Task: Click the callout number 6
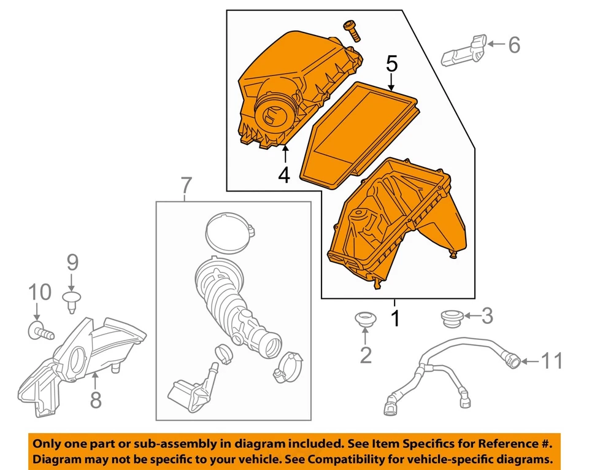514,44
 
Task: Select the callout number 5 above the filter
391,63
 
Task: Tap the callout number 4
283,175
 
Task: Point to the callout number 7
187,183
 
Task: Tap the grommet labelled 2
365,319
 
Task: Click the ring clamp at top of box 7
228,233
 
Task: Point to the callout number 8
96,399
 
